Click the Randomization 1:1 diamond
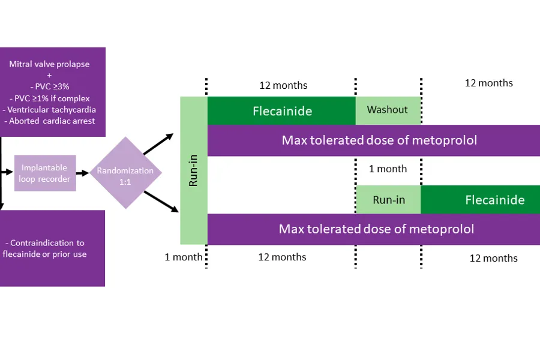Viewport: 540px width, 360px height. pos(125,173)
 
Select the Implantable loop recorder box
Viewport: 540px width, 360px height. pos(46,173)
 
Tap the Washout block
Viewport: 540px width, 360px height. pos(388,110)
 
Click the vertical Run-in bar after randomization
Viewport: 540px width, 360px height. pos(194,171)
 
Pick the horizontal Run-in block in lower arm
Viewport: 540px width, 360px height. pos(389,200)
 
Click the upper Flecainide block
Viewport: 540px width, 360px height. pos(281,111)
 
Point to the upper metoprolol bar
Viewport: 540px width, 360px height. pos(379,141)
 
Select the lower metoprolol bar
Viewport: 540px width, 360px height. pos(376,229)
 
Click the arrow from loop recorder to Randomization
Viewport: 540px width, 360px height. pos(83,173)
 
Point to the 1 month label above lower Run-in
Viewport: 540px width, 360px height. pos(388,169)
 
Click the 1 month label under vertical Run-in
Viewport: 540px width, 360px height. pos(184,257)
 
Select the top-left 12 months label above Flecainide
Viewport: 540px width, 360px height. pos(283,85)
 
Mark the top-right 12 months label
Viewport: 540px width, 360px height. pos(488,83)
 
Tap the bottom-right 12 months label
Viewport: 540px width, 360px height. pos(493,259)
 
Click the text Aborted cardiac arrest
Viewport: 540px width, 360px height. pos(52,121)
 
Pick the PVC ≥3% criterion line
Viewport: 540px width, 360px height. pos(52,87)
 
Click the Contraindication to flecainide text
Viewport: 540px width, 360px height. pos(47,248)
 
